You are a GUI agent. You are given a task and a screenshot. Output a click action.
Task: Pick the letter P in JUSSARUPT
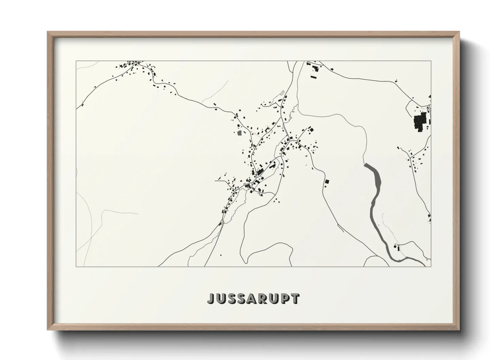point(285,298)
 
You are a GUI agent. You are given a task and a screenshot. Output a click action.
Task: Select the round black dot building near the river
point(395,246)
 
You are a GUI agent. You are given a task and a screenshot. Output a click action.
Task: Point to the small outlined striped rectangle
point(282,93)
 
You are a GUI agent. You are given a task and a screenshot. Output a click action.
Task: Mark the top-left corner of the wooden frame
point(48,32)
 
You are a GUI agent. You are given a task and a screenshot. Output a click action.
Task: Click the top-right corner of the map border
point(431,61)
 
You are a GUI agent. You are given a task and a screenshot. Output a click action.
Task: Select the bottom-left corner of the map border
point(76,266)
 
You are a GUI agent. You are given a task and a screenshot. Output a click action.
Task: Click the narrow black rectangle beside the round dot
point(398,249)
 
